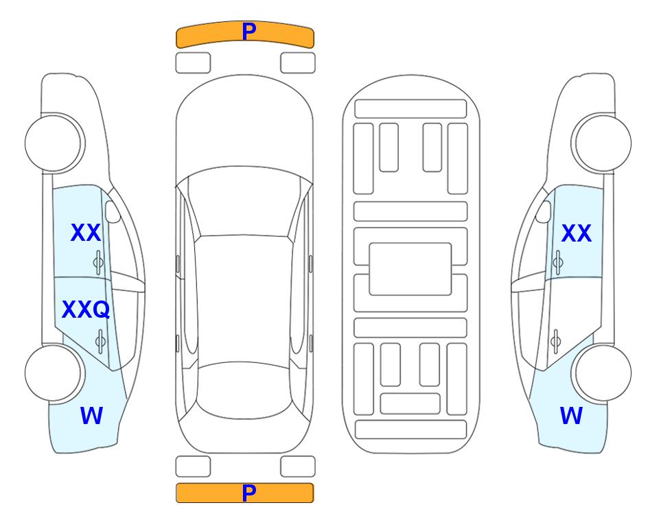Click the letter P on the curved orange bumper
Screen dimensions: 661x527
(x=249, y=32)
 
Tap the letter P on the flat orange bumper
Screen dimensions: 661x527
(x=249, y=493)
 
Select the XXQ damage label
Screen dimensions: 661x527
(x=86, y=309)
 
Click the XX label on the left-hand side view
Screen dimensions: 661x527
(x=86, y=233)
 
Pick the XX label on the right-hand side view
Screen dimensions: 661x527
(x=577, y=233)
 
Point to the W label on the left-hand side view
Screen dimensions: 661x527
(x=91, y=416)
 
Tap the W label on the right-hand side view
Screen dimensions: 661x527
(x=571, y=416)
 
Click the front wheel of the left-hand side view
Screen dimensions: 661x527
(x=54, y=143)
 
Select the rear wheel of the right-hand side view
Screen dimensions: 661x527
(x=603, y=373)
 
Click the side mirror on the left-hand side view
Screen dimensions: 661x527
(x=113, y=211)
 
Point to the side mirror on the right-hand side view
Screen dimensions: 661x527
(x=543, y=211)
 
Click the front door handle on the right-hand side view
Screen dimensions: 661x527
(x=557, y=262)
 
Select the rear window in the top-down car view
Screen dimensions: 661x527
(x=245, y=390)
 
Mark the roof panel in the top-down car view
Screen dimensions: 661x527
(x=244, y=300)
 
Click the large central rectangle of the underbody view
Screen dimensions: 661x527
(x=410, y=269)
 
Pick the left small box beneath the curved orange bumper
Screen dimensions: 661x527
(x=193, y=63)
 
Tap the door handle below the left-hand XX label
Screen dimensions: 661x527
(x=98, y=262)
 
